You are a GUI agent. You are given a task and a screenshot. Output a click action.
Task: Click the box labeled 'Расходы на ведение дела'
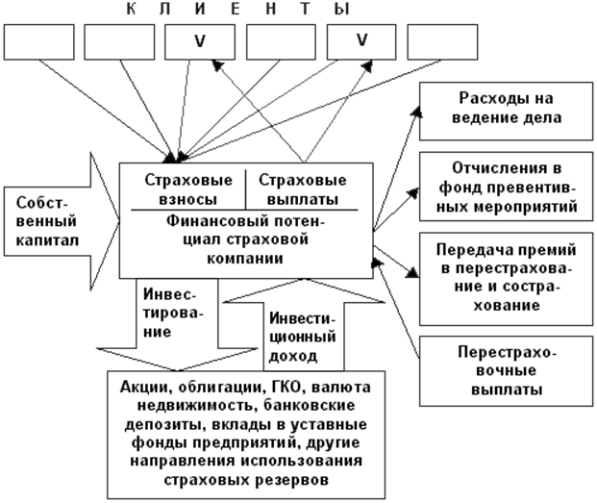point(506,112)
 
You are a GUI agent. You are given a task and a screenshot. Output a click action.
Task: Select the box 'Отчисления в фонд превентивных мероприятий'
point(506,187)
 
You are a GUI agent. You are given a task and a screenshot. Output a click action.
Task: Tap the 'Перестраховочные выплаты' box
point(506,371)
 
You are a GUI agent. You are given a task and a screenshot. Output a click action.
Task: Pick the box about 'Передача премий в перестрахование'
point(506,279)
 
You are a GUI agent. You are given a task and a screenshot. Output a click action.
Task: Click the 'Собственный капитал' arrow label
point(47,221)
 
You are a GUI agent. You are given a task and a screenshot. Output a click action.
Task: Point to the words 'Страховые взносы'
point(188,189)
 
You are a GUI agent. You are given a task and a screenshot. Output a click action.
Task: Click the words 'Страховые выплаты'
point(302,189)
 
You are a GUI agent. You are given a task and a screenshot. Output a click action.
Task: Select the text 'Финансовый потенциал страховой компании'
point(245,239)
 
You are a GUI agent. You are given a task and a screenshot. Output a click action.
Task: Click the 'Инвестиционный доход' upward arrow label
point(302,338)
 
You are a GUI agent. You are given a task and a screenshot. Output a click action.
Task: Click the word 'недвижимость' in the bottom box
point(194,405)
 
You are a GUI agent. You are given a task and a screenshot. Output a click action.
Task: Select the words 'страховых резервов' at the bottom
point(246,479)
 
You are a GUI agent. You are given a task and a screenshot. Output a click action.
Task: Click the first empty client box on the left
point(38,42)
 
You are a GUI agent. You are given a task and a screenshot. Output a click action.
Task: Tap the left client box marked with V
point(200,42)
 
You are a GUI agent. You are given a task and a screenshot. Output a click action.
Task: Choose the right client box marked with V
point(361,42)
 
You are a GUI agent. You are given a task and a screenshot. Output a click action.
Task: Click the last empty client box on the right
point(442,42)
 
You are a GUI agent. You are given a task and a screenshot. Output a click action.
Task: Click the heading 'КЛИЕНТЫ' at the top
point(238,10)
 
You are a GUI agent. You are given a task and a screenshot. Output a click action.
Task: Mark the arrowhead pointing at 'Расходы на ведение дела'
point(417,112)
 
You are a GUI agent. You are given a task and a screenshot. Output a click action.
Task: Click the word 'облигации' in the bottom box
point(220,388)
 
